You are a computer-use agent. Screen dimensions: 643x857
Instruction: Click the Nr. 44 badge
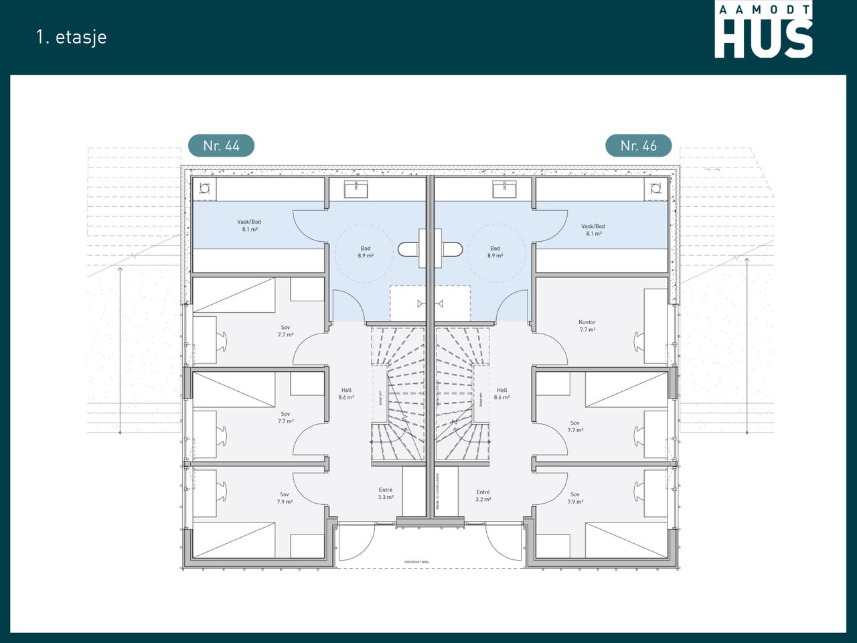[x=221, y=145]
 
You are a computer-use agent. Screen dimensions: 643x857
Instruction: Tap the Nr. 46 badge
[x=638, y=145]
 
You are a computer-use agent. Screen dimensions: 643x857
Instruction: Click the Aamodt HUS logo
[x=763, y=30]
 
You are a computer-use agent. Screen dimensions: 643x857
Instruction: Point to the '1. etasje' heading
[x=72, y=37]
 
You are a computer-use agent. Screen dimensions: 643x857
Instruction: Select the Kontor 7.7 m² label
[x=587, y=326]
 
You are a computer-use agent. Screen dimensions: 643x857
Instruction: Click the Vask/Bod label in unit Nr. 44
[x=249, y=226]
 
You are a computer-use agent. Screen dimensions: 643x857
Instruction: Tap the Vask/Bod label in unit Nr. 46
[x=593, y=230]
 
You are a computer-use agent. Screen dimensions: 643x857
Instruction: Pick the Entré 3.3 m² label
[x=386, y=494]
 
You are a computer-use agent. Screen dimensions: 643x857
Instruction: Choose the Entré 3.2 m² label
[x=483, y=496]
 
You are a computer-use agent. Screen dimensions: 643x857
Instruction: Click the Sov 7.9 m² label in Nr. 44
[x=285, y=498]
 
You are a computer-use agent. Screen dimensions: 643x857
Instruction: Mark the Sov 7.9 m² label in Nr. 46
[x=575, y=498]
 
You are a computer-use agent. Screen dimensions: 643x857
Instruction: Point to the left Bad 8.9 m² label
[x=366, y=252]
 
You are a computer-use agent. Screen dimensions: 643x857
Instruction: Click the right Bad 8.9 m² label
[x=495, y=252]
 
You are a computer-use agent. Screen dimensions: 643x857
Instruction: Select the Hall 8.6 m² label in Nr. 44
[x=346, y=394]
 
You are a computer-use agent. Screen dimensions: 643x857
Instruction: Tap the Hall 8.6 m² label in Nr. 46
[x=502, y=394]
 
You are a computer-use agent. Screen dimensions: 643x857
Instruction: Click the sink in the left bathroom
[x=356, y=190]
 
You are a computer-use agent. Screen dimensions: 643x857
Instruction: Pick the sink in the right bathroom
[x=504, y=190]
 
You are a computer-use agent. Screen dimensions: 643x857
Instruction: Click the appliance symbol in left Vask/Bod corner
[x=205, y=189]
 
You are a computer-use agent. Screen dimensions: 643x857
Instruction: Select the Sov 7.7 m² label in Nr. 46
[x=575, y=427]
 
